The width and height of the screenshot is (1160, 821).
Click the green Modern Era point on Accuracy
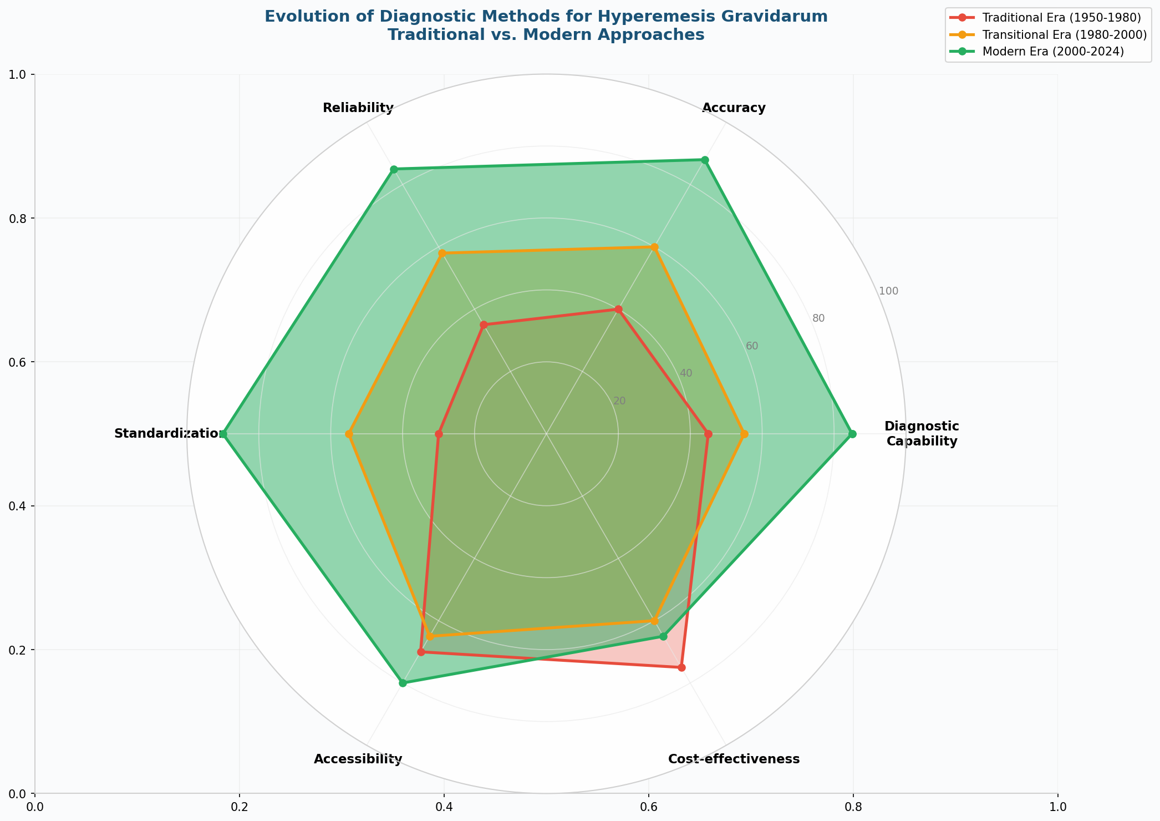(x=705, y=160)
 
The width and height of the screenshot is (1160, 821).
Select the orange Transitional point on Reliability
(x=442, y=254)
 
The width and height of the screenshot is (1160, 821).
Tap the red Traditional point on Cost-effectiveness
(x=682, y=667)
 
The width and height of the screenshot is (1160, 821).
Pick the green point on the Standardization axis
(x=224, y=434)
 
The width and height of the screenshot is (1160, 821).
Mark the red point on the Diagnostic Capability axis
(x=708, y=434)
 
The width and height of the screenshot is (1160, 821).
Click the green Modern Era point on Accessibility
(x=403, y=683)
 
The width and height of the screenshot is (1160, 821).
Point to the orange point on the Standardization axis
(x=349, y=434)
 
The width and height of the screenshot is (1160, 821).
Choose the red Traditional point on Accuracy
(x=618, y=309)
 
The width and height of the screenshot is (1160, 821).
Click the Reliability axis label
(x=358, y=108)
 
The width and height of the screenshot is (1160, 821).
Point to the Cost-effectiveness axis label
(x=734, y=759)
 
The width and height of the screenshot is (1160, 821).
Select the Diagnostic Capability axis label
(x=922, y=434)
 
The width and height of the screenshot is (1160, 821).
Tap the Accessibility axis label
(x=358, y=759)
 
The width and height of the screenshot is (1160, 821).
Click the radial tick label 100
(x=888, y=291)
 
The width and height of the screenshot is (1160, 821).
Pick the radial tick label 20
(x=619, y=401)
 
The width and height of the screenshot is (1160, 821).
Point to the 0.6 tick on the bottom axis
(x=648, y=805)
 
